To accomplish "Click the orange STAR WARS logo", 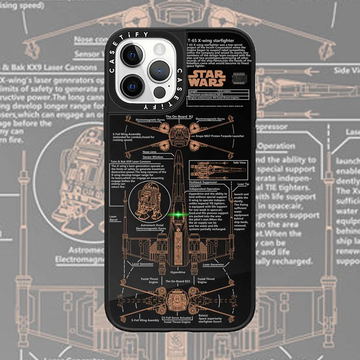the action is point(207,78).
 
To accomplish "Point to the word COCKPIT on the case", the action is point(195,186).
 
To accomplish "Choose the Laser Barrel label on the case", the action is point(113,218).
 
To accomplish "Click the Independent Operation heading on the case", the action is point(205,189).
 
